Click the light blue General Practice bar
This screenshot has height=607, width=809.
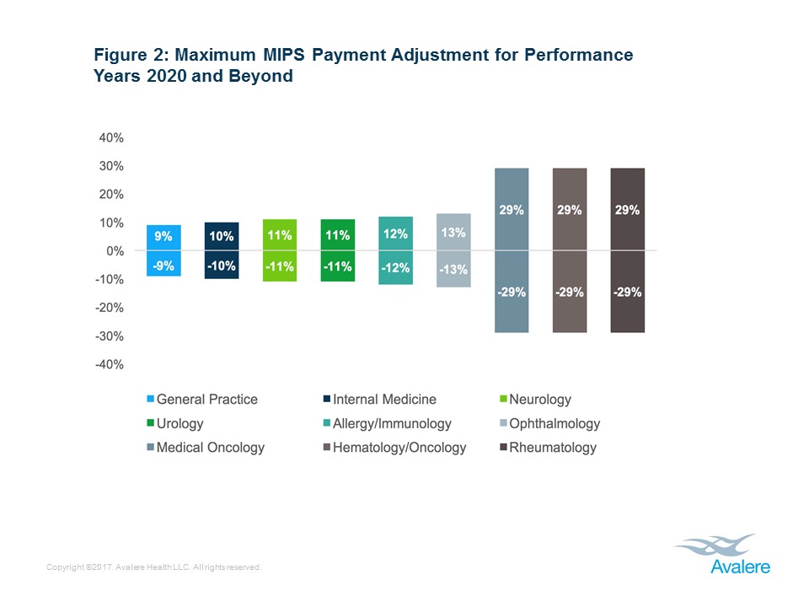[x=163, y=250]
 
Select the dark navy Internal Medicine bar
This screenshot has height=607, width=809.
[x=222, y=250]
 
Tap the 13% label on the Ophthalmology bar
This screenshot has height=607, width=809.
[x=453, y=233]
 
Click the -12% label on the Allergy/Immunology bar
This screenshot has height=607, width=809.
[x=395, y=268]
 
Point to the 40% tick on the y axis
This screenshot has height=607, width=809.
[x=111, y=137]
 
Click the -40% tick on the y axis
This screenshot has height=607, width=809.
[x=110, y=365]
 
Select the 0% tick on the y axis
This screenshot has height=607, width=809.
[x=115, y=251]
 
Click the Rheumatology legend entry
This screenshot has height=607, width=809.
[x=547, y=448]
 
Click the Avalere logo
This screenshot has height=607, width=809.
[x=721, y=555]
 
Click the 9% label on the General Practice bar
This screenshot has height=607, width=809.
[x=163, y=238]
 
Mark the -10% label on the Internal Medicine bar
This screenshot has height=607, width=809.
[x=222, y=266]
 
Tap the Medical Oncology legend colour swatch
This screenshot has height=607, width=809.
[x=151, y=448]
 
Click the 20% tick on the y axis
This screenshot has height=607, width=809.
[x=111, y=194]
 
